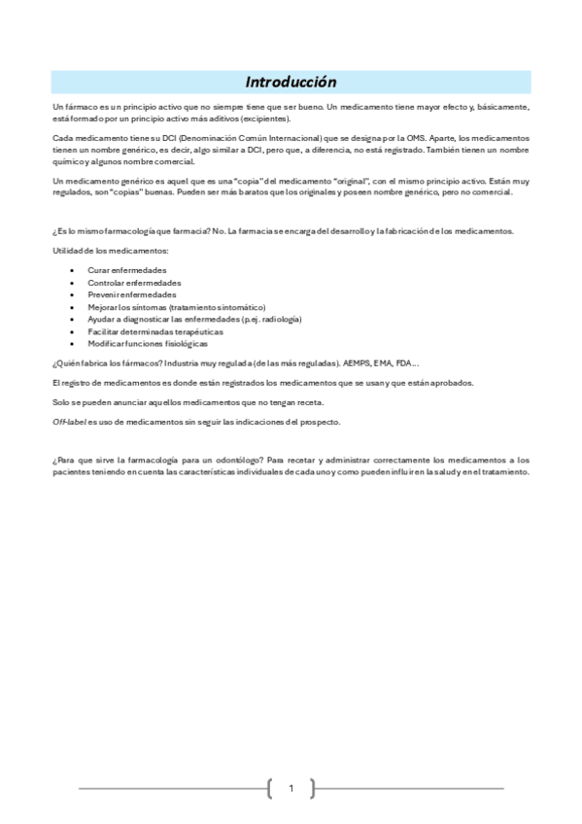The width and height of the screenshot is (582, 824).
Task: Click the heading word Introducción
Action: click(x=291, y=82)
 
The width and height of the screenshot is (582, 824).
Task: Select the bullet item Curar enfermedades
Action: click(x=126, y=269)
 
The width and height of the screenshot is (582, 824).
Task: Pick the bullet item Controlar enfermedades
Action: click(x=134, y=282)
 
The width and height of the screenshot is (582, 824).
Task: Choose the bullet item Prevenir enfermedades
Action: click(x=132, y=293)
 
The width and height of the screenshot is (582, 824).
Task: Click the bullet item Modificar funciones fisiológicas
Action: click(x=148, y=343)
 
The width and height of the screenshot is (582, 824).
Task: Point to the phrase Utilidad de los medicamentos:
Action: click(x=111, y=251)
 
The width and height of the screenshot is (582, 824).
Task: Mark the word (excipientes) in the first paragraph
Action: click(x=263, y=117)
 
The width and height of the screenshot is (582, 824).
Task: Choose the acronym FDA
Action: click(x=403, y=362)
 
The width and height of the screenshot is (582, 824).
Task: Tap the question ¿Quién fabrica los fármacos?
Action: click(x=105, y=362)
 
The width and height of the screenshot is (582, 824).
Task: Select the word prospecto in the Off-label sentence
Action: click(x=320, y=421)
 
